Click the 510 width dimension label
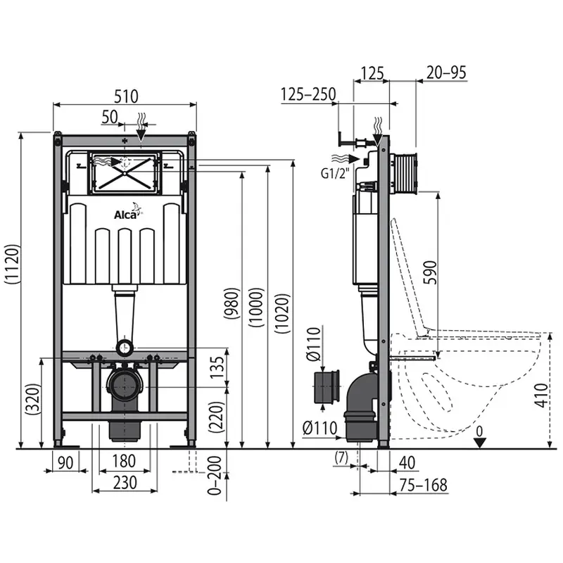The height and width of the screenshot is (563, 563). (x=126, y=96)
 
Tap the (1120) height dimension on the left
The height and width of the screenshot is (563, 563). (x=12, y=265)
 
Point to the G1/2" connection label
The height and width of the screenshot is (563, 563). (x=335, y=174)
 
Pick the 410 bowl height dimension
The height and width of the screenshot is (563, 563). (x=541, y=395)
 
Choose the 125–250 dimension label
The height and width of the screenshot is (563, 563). (x=308, y=94)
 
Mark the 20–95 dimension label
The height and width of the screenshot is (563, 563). (x=446, y=72)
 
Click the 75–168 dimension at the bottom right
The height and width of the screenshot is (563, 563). (x=424, y=485)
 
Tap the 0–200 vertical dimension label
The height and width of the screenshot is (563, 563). (x=215, y=476)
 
